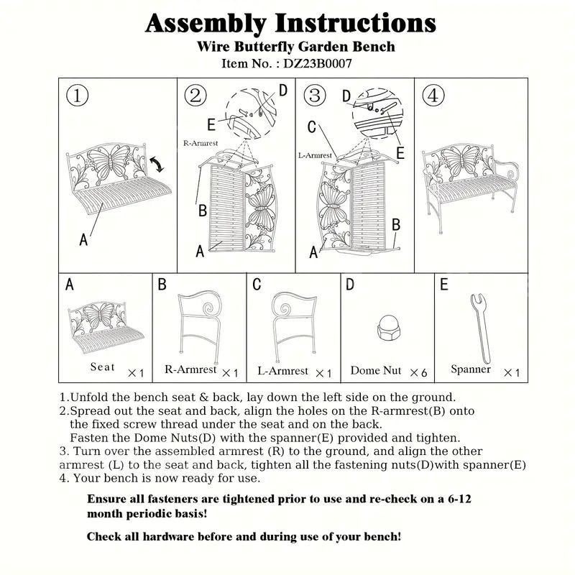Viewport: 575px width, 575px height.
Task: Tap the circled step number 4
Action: click(433, 96)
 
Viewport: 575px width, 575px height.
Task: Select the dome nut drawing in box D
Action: click(387, 328)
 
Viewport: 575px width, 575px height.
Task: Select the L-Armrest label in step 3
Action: click(315, 155)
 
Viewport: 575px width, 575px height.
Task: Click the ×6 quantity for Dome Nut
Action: click(418, 372)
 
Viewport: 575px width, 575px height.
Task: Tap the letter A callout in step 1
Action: click(83, 240)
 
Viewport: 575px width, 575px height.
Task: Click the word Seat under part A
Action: click(102, 367)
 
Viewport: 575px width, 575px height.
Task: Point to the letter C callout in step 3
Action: click(312, 127)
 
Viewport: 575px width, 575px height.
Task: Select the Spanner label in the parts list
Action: click(471, 369)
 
